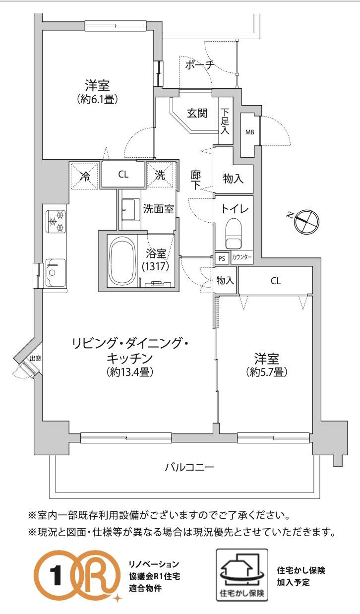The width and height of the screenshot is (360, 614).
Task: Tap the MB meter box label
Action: click(249, 132)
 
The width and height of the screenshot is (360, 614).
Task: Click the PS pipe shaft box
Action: click(222, 258)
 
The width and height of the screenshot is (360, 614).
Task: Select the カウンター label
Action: click(241, 257)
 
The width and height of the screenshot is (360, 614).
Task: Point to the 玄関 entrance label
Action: click(197, 113)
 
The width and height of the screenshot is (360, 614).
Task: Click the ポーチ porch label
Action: click(199, 65)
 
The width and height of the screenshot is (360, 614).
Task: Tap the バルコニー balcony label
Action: click(189, 467)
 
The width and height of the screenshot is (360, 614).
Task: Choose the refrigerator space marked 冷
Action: click(85, 176)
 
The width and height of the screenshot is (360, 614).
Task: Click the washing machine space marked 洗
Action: click(160, 175)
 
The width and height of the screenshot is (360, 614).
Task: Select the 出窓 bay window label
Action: click(36, 358)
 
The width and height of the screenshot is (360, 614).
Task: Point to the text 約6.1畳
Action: click(98, 99)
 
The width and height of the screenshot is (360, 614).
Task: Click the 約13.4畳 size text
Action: click(130, 372)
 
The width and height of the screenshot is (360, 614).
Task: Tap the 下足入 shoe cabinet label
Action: click(225, 121)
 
